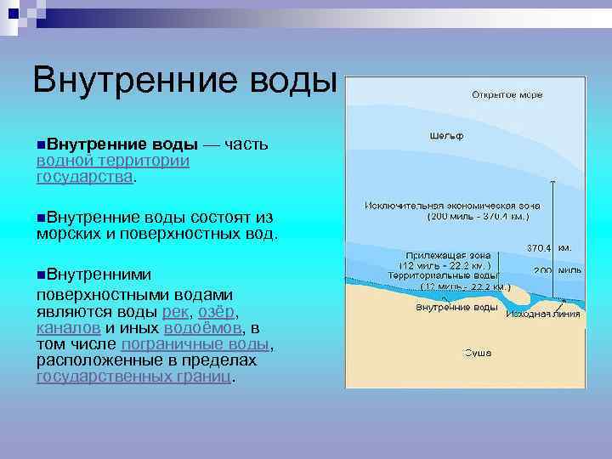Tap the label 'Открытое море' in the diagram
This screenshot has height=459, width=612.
[507, 94]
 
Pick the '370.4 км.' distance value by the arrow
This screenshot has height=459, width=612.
[548, 248]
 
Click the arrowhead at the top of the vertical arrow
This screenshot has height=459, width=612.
[552, 183]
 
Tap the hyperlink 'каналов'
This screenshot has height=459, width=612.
[69, 327]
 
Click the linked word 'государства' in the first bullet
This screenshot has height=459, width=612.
[84, 177]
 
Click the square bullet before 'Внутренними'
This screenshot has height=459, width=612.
[41, 275]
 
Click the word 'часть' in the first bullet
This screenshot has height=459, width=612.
[247, 144]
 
